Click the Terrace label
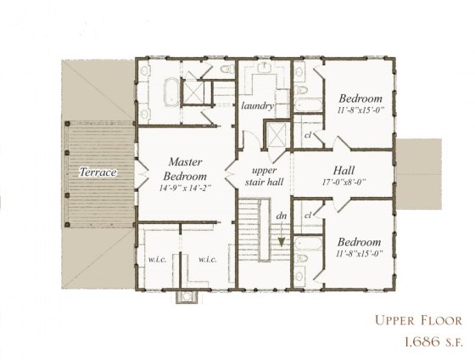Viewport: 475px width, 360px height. (98, 172)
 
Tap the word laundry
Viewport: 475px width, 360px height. (256, 106)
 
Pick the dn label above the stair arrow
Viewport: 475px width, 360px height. (281, 215)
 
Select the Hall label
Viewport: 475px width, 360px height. (343, 168)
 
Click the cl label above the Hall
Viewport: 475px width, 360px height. (307, 135)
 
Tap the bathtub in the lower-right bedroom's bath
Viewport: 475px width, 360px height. (305, 251)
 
